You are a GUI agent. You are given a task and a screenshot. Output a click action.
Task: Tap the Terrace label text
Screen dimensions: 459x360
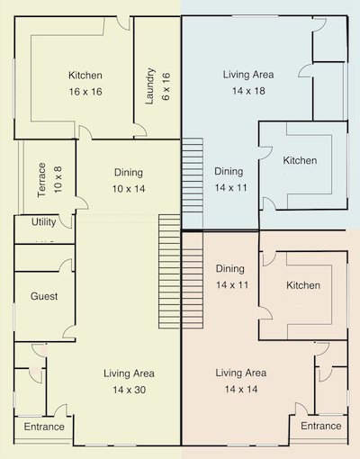pos(41,180)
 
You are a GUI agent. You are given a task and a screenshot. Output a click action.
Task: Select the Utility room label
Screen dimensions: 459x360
pos(43,222)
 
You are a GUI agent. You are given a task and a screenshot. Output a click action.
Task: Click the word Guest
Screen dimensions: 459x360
pos(44,296)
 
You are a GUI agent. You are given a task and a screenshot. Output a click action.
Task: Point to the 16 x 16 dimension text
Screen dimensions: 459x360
pos(85,91)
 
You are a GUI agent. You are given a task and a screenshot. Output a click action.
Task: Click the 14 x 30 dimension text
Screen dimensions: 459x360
pos(129,389)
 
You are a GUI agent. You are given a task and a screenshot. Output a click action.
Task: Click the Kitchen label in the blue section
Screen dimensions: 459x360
pos(300,160)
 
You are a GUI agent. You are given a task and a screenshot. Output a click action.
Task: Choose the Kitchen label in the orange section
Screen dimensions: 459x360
pos(303,285)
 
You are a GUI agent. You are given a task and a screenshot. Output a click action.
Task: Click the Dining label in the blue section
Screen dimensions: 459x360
pos(229,171)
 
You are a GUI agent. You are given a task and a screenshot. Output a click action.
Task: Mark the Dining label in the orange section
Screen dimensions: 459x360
pos(231,268)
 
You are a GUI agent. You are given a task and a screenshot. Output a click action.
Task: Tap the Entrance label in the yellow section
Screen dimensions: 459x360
pos(44,426)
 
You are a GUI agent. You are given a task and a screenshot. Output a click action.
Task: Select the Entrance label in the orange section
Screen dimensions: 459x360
pos(320,426)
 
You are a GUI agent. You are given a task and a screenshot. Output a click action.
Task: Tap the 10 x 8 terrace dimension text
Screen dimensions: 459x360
pos(57,180)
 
